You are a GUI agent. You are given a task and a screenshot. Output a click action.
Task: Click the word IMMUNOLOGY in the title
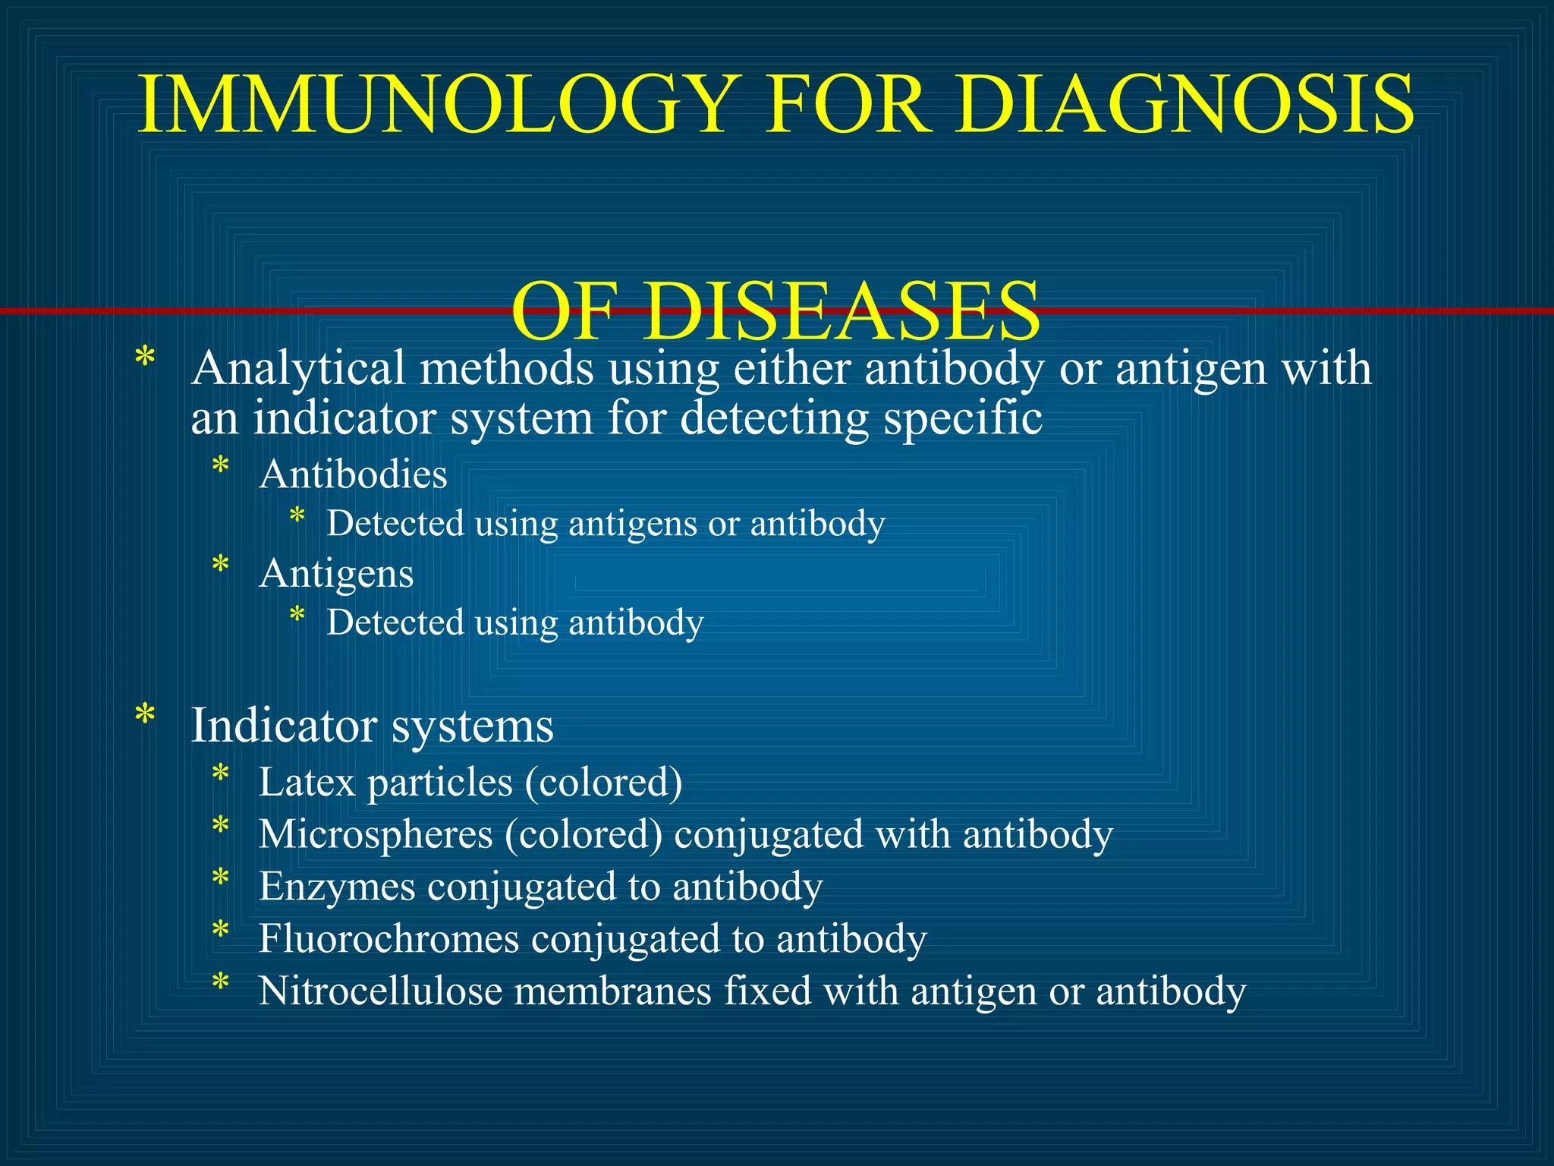pyautogui.click(x=437, y=105)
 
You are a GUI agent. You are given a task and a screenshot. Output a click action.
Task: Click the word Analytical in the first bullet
pyautogui.click(x=298, y=370)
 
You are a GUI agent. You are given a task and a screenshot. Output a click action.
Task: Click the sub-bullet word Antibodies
pyautogui.click(x=353, y=475)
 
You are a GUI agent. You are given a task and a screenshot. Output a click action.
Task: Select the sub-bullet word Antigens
pyautogui.click(x=336, y=574)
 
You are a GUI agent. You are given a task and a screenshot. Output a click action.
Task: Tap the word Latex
pyautogui.click(x=307, y=782)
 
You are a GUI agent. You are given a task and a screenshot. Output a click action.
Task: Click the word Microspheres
pyautogui.click(x=376, y=834)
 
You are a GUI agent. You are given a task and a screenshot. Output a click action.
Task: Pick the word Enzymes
pyautogui.click(x=336, y=887)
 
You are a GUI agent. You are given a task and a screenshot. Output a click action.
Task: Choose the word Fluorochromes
pyautogui.click(x=388, y=939)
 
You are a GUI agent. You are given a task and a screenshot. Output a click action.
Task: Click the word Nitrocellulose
pyautogui.click(x=380, y=991)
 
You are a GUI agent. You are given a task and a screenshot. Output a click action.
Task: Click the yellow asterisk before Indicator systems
pyautogui.click(x=144, y=716)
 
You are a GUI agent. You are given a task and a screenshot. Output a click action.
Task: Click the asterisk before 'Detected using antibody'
pyautogui.click(x=297, y=615)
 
